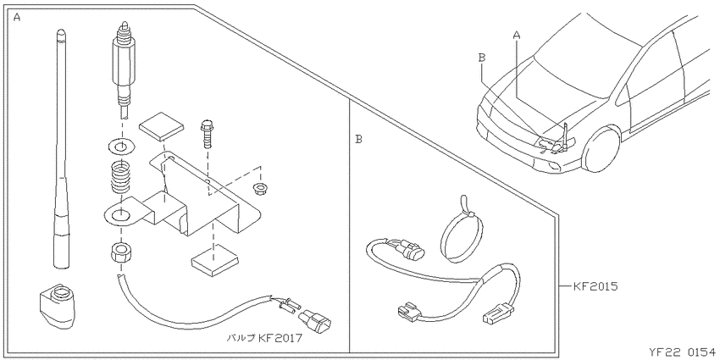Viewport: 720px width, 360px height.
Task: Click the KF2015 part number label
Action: (595, 286)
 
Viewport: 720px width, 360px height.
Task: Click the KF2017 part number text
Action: (280, 339)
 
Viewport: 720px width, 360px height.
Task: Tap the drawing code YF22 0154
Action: (683, 352)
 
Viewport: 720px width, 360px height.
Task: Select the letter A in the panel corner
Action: (17, 18)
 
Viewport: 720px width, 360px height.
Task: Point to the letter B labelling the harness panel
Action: (358, 139)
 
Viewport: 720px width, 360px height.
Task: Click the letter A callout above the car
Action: (517, 35)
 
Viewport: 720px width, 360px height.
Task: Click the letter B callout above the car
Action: (482, 58)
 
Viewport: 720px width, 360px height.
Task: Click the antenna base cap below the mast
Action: (55, 305)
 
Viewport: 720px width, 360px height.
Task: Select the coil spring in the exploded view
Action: (121, 177)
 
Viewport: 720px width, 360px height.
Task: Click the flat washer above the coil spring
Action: (121, 147)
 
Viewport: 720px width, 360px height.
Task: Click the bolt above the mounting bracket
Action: (207, 134)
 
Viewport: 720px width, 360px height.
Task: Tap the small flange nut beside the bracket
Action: (260, 187)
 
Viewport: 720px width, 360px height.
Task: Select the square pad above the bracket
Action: (161, 126)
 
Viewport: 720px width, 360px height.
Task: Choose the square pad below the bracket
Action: (214, 260)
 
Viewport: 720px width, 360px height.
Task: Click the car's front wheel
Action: (601, 149)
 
